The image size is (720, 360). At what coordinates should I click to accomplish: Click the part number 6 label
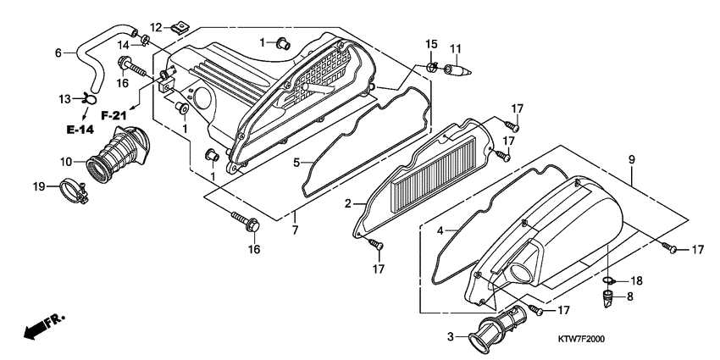tap(58, 53)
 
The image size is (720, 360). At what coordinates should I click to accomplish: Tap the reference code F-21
tap(114, 114)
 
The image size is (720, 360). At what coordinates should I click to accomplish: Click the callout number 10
tap(64, 160)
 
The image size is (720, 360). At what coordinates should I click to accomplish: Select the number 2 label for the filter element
tap(346, 204)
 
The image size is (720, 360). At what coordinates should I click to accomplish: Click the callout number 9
tap(630, 158)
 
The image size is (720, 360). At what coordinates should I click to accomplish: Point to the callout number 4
tap(440, 230)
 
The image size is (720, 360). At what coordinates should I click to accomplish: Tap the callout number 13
tap(64, 99)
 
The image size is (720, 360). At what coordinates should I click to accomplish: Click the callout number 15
tap(431, 43)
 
